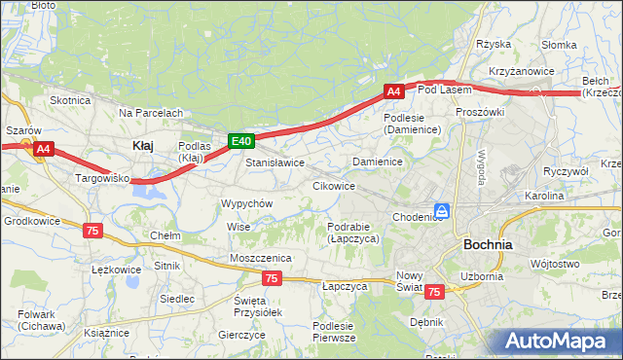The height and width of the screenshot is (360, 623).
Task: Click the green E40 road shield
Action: click(x=242, y=141)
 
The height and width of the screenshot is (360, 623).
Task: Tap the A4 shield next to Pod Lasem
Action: click(x=393, y=91)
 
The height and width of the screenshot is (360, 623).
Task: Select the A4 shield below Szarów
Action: click(x=44, y=149)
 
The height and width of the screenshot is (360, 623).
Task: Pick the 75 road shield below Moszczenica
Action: click(x=272, y=278)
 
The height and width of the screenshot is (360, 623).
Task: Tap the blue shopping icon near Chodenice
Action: click(x=442, y=210)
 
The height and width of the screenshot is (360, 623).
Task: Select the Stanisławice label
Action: click(x=275, y=162)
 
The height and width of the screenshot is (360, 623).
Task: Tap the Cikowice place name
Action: click(x=333, y=185)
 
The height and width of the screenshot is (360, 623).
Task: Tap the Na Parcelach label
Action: click(x=151, y=113)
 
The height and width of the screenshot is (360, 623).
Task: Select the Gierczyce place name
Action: click(x=242, y=334)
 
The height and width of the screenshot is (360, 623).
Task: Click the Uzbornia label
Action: click(x=482, y=275)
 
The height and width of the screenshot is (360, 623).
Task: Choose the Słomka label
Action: click(x=560, y=45)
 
